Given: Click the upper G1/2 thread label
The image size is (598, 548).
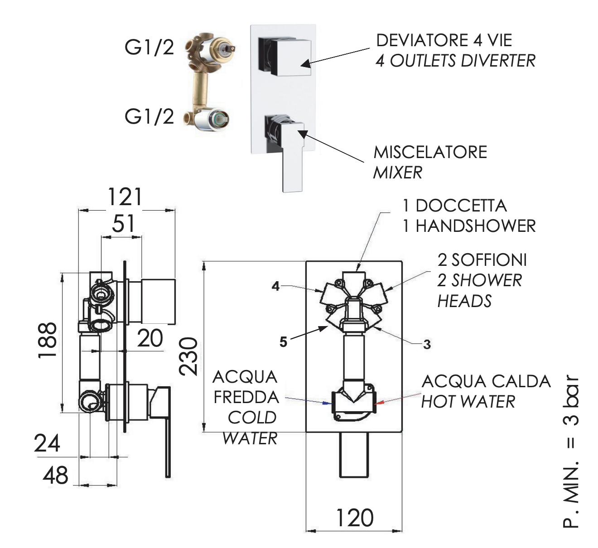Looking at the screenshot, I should pyautogui.click(x=149, y=47).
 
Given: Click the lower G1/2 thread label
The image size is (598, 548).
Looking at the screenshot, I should pyautogui.click(x=149, y=116).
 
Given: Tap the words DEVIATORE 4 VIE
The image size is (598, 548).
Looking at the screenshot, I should pyautogui.click(x=444, y=40).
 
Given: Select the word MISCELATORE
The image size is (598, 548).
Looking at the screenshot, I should pyautogui.click(x=430, y=152).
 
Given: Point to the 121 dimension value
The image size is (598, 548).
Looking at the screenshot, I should pyautogui.click(x=125, y=197).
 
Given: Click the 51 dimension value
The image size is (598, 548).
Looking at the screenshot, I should pyautogui.click(x=123, y=223).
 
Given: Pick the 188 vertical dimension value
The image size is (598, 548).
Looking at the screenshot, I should pyautogui.click(x=48, y=340).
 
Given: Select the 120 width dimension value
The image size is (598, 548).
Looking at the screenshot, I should pyautogui.click(x=354, y=518).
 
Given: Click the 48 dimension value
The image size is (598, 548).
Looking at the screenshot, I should pyautogui.click(x=55, y=476).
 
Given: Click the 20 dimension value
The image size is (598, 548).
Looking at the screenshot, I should pyautogui.click(x=150, y=338).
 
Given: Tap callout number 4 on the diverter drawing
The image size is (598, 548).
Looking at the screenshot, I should pyautogui.click(x=275, y=286).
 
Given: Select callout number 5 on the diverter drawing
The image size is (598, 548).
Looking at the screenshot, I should pyautogui.click(x=283, y=341).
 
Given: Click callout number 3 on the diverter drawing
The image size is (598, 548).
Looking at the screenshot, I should pyautogui.click(x=427, y=344).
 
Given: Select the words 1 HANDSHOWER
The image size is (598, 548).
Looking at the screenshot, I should pyautogui.click(x=469, y=226).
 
